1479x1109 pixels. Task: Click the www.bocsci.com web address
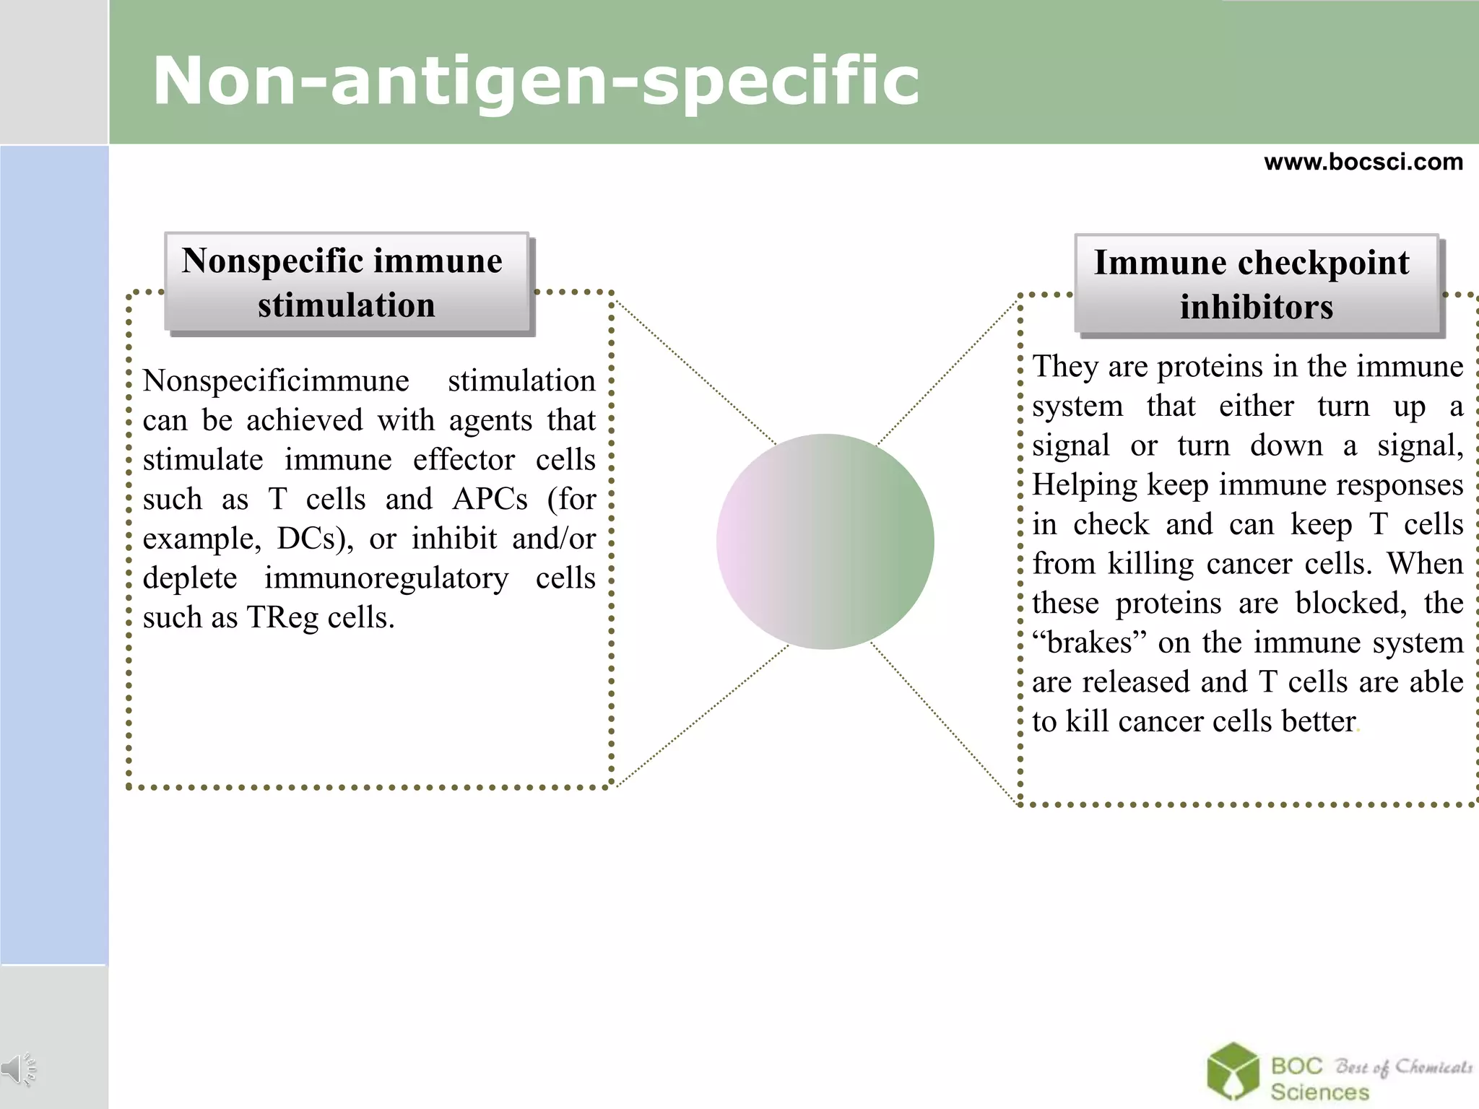(x=1363, y=162)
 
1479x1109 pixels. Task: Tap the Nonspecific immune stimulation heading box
(x=347, y=283)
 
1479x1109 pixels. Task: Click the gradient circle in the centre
(x=825, y=542)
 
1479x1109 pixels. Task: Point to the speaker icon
(x=19, y=1069)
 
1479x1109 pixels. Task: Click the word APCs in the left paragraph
(x=490, y=500)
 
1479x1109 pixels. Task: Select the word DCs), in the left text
(x=315, y=539)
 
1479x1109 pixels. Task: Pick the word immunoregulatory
(x=386, y=579)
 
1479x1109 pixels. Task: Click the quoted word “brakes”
(x=1089, y=643)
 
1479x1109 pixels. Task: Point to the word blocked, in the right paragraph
(x=1350, y=604)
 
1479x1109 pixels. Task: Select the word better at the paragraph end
(x=1319, y=721)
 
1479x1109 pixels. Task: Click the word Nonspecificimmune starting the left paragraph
(x=276, y=381)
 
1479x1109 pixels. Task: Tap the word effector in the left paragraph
(x=464, y=461)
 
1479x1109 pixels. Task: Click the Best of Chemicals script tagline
(x=1403, y=1067)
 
